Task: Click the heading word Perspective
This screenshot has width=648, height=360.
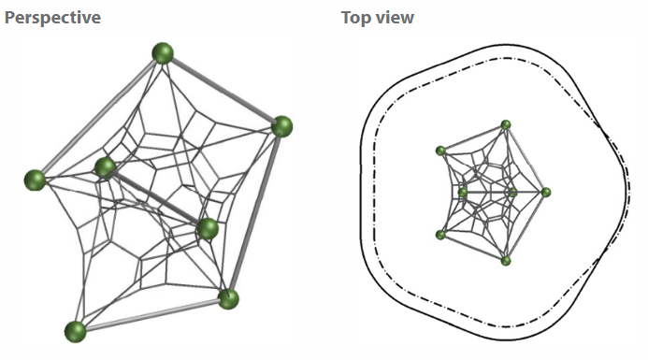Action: (52, 18)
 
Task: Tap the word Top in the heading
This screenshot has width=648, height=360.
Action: (355, 18)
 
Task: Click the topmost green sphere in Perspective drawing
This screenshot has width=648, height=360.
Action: (163, 53)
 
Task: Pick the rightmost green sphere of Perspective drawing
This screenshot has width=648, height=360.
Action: (281, 126)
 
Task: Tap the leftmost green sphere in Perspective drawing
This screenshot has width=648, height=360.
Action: (36, 180)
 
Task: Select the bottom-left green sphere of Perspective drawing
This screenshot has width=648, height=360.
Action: (75, 332)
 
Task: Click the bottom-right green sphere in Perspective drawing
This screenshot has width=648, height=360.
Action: (228, 299)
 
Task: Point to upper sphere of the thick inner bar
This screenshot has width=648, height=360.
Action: (106, 167)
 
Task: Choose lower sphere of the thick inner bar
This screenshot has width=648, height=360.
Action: (208, 229)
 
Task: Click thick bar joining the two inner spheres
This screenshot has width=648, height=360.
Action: (156, 198)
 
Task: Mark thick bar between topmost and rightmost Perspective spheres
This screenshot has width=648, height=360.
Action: (223, 90)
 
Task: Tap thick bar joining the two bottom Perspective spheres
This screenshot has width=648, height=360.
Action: (151, 315)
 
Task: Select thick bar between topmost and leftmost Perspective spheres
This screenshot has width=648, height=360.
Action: (98, 118)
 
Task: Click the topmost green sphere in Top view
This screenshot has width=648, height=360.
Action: (506, 124)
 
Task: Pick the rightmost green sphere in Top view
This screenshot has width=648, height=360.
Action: (546, 193)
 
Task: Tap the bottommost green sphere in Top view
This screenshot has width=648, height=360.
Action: (506, 261)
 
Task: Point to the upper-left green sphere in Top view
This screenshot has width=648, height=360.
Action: (441, 151)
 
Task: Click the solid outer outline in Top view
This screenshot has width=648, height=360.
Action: (360, 194)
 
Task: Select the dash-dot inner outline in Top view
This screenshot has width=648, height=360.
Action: (374, 194)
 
